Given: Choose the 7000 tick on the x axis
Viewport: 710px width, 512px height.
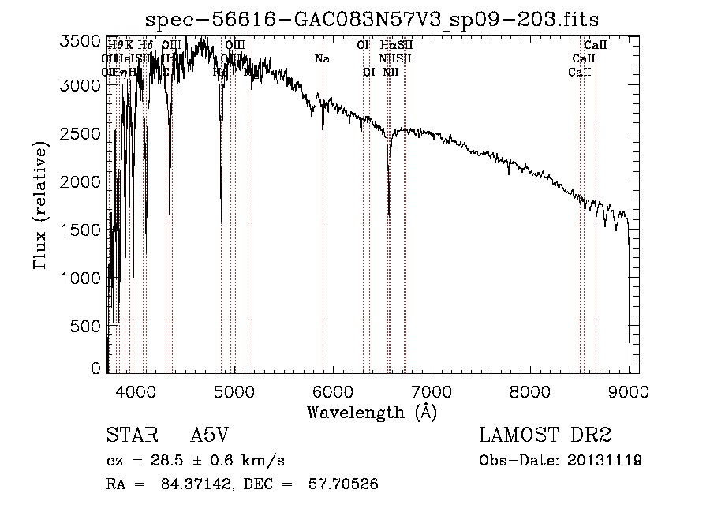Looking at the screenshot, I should (432, 391).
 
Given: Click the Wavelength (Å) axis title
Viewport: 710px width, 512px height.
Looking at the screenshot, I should (371, 412).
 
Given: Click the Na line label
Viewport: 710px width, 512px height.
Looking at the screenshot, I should (322, 58).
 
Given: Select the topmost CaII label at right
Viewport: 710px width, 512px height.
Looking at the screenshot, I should (595, 46).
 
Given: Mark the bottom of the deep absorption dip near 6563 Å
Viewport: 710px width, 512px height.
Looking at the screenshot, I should (389, 215).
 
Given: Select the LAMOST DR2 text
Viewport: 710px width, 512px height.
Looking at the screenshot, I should (545, 436).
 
